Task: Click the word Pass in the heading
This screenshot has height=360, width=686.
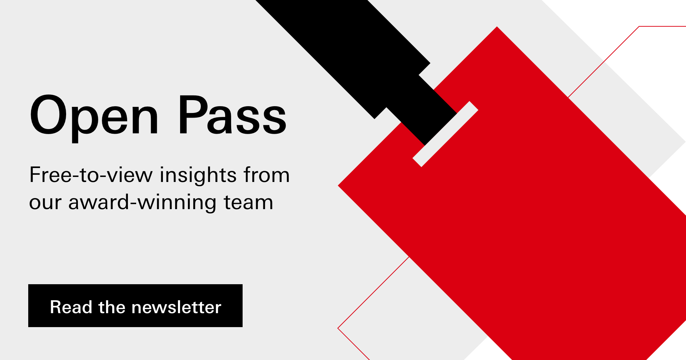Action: pos(233,115)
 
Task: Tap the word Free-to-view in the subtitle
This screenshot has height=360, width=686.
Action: pos(91,175)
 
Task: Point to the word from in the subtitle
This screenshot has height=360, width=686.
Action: pos(267,175)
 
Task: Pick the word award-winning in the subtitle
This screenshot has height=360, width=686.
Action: pos(142,202)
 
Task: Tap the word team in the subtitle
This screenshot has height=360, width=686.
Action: pos(248,202)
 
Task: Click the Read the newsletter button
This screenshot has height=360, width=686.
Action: pos(135,306)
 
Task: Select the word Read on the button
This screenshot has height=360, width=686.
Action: pos(71,307)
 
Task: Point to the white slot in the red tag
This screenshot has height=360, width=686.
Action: pos(446,134)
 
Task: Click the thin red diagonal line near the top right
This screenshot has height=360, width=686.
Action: pos(603,62)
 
